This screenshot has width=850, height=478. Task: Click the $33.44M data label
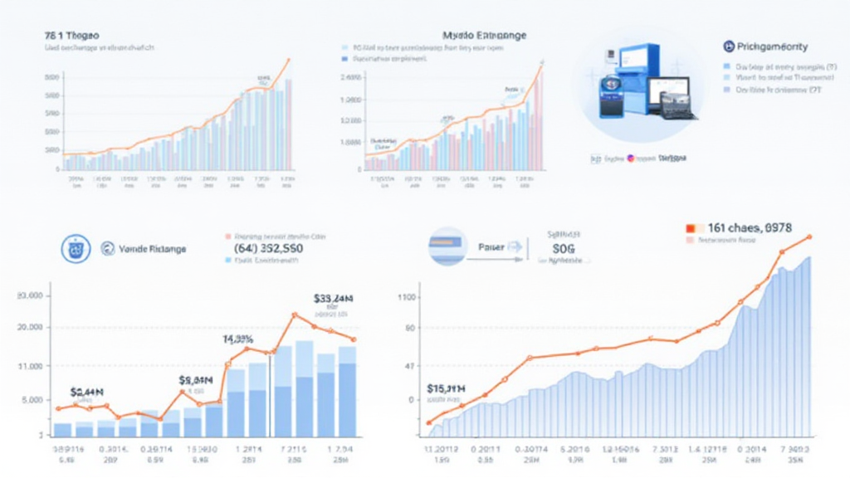click(x=334, y=299)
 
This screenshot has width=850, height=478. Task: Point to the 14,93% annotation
click(x=237, y=339)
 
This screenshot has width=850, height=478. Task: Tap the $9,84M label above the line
click(x=196, y=380)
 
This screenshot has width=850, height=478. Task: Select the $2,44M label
click(x=86, y=392)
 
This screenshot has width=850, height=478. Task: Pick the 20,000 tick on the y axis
click(x=29, y=328)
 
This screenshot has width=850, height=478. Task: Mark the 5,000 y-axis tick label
click(x=29, y=400)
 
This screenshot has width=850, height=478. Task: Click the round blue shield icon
click(x=76, y=247)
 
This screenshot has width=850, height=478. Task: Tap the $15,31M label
click(x=446, y=388)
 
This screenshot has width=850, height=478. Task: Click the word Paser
click(x=492, y=246)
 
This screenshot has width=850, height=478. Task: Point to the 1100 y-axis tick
click(x=407, y=296)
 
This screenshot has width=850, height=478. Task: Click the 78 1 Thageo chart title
click(x=72, y=37)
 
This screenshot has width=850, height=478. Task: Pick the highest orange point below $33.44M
click(x=294, y=315)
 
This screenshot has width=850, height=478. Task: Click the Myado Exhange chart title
click(x=485, y=37)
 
